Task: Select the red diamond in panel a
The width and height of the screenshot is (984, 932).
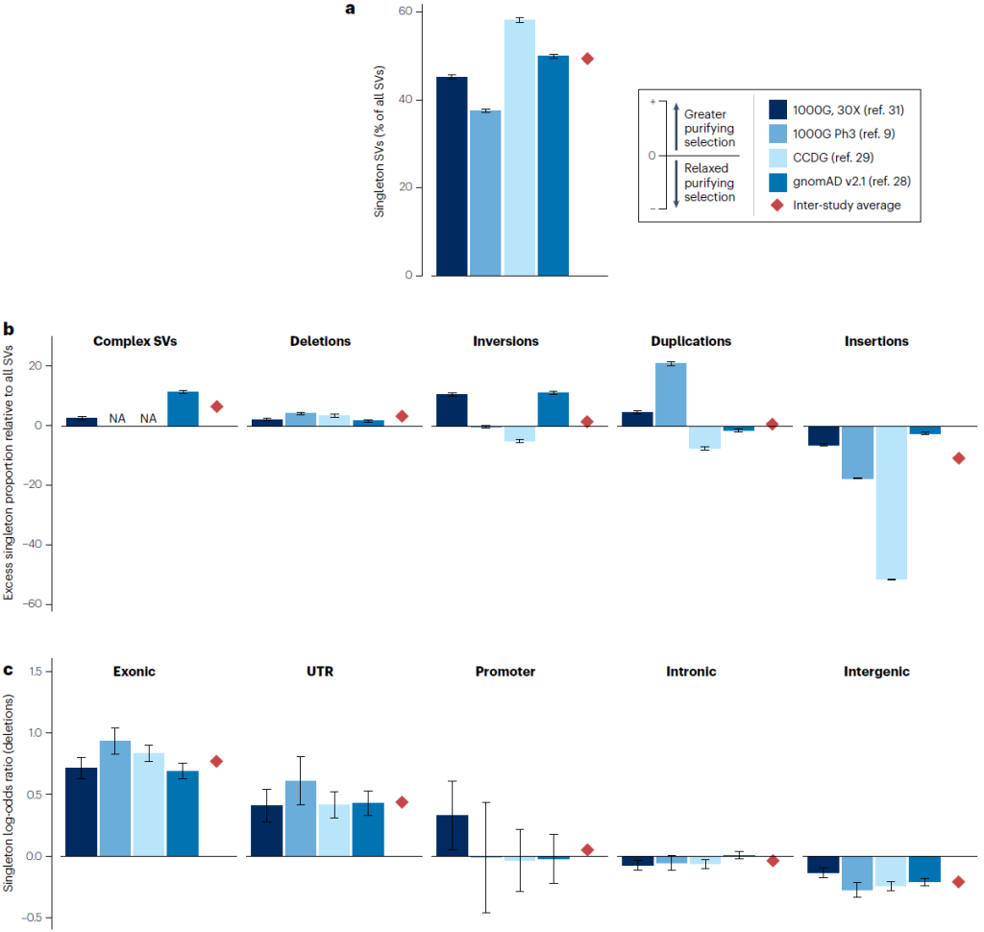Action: (587, 59)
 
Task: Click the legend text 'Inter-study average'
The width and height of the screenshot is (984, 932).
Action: (847, 206)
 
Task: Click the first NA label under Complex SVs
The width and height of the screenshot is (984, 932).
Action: (115, 418)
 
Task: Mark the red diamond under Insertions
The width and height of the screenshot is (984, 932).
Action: (958, 458)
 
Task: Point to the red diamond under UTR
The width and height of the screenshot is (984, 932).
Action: (402, 802)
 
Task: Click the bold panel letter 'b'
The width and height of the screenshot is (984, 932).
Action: (8, 330)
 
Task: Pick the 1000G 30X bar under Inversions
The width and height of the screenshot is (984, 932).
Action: (452, 409)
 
